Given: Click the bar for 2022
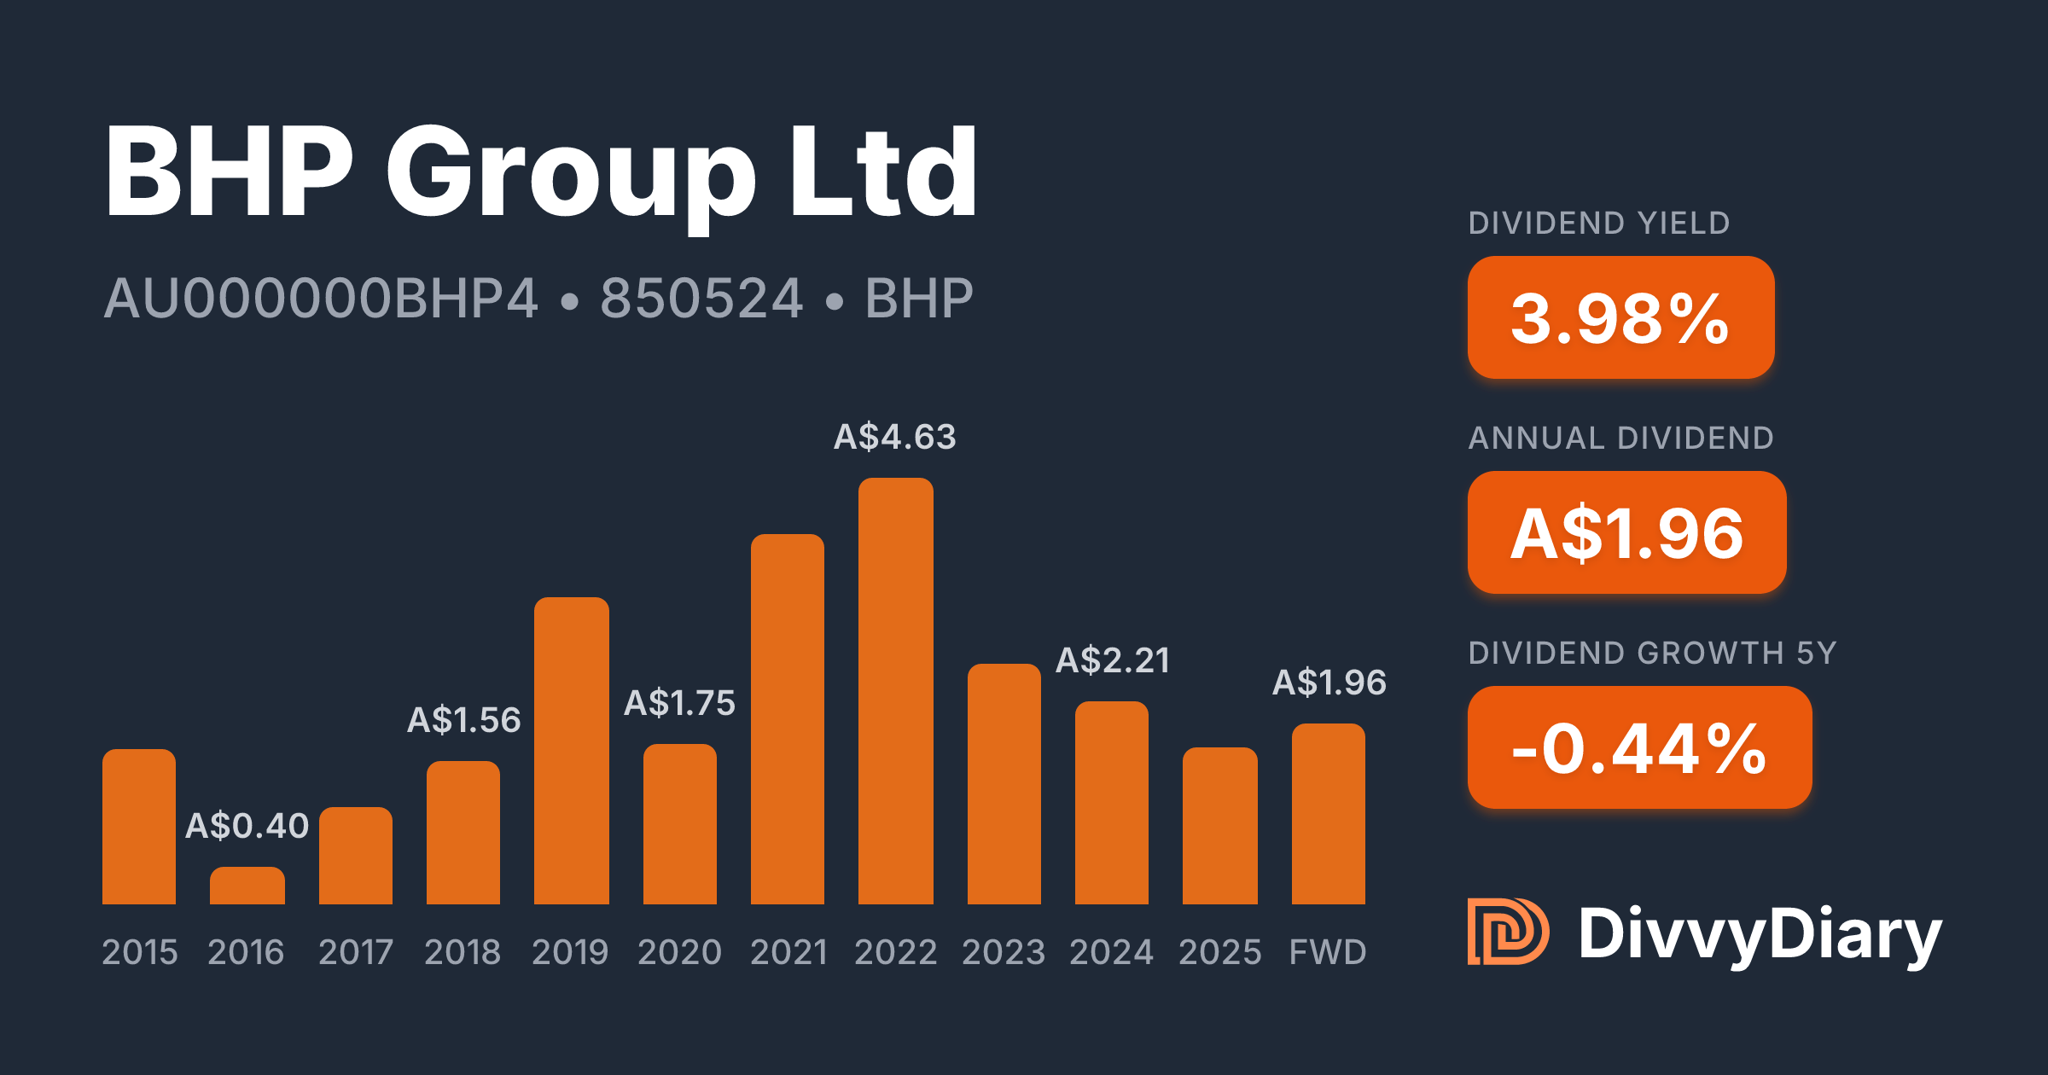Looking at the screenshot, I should pyautogui.click(x=895, y=691).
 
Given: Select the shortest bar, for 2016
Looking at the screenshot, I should pyautogui.click(x=247, y=886).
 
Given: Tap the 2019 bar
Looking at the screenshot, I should pyautogui.click(x=571, y=751).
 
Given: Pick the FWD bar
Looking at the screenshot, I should pyautogui.click(x=1328, y=814).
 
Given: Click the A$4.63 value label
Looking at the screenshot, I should pyautogui.click(x=894, y=437).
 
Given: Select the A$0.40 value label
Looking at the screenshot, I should pyautogui.click(x=247, y=826).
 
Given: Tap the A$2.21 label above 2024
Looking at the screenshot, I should pyautogui.click(x=1112, y=660).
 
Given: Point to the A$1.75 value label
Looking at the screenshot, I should pyautogui.click(x=679, y=703).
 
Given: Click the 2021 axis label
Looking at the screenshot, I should pyautogui.click(x=788, y=952).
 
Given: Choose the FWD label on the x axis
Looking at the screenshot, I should pyautogui.click(x=1328, y=952).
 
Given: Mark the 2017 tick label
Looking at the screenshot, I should pyautogui.click(x=356, y=952).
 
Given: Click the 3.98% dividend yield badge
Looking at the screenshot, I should pyautogui.click(x=1620, y=317).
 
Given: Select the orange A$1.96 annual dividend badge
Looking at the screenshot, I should pyautogui.click(x=1626, y=532).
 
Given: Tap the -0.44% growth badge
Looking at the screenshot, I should pyautogui.click(x=1639, y=747).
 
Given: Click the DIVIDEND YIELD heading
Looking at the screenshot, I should pyautogui.click(x=1598, y=224).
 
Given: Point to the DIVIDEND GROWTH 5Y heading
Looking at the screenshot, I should pyautogui.click(x=1652, y=654).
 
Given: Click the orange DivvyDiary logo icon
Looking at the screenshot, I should pyautogui.click(x=1507, y=932).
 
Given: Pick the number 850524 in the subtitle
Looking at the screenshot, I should pyautogui.click(x=701, y=299).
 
